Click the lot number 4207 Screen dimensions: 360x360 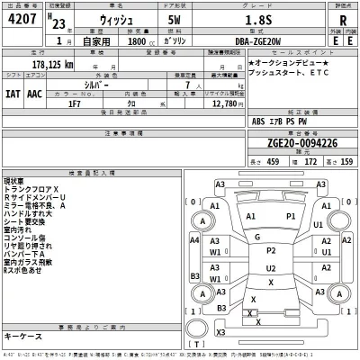[22, 26]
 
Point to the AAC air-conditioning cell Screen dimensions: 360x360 [32, 93]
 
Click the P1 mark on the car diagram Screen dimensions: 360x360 [291, 217]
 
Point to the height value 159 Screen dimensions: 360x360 [346, 162]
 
